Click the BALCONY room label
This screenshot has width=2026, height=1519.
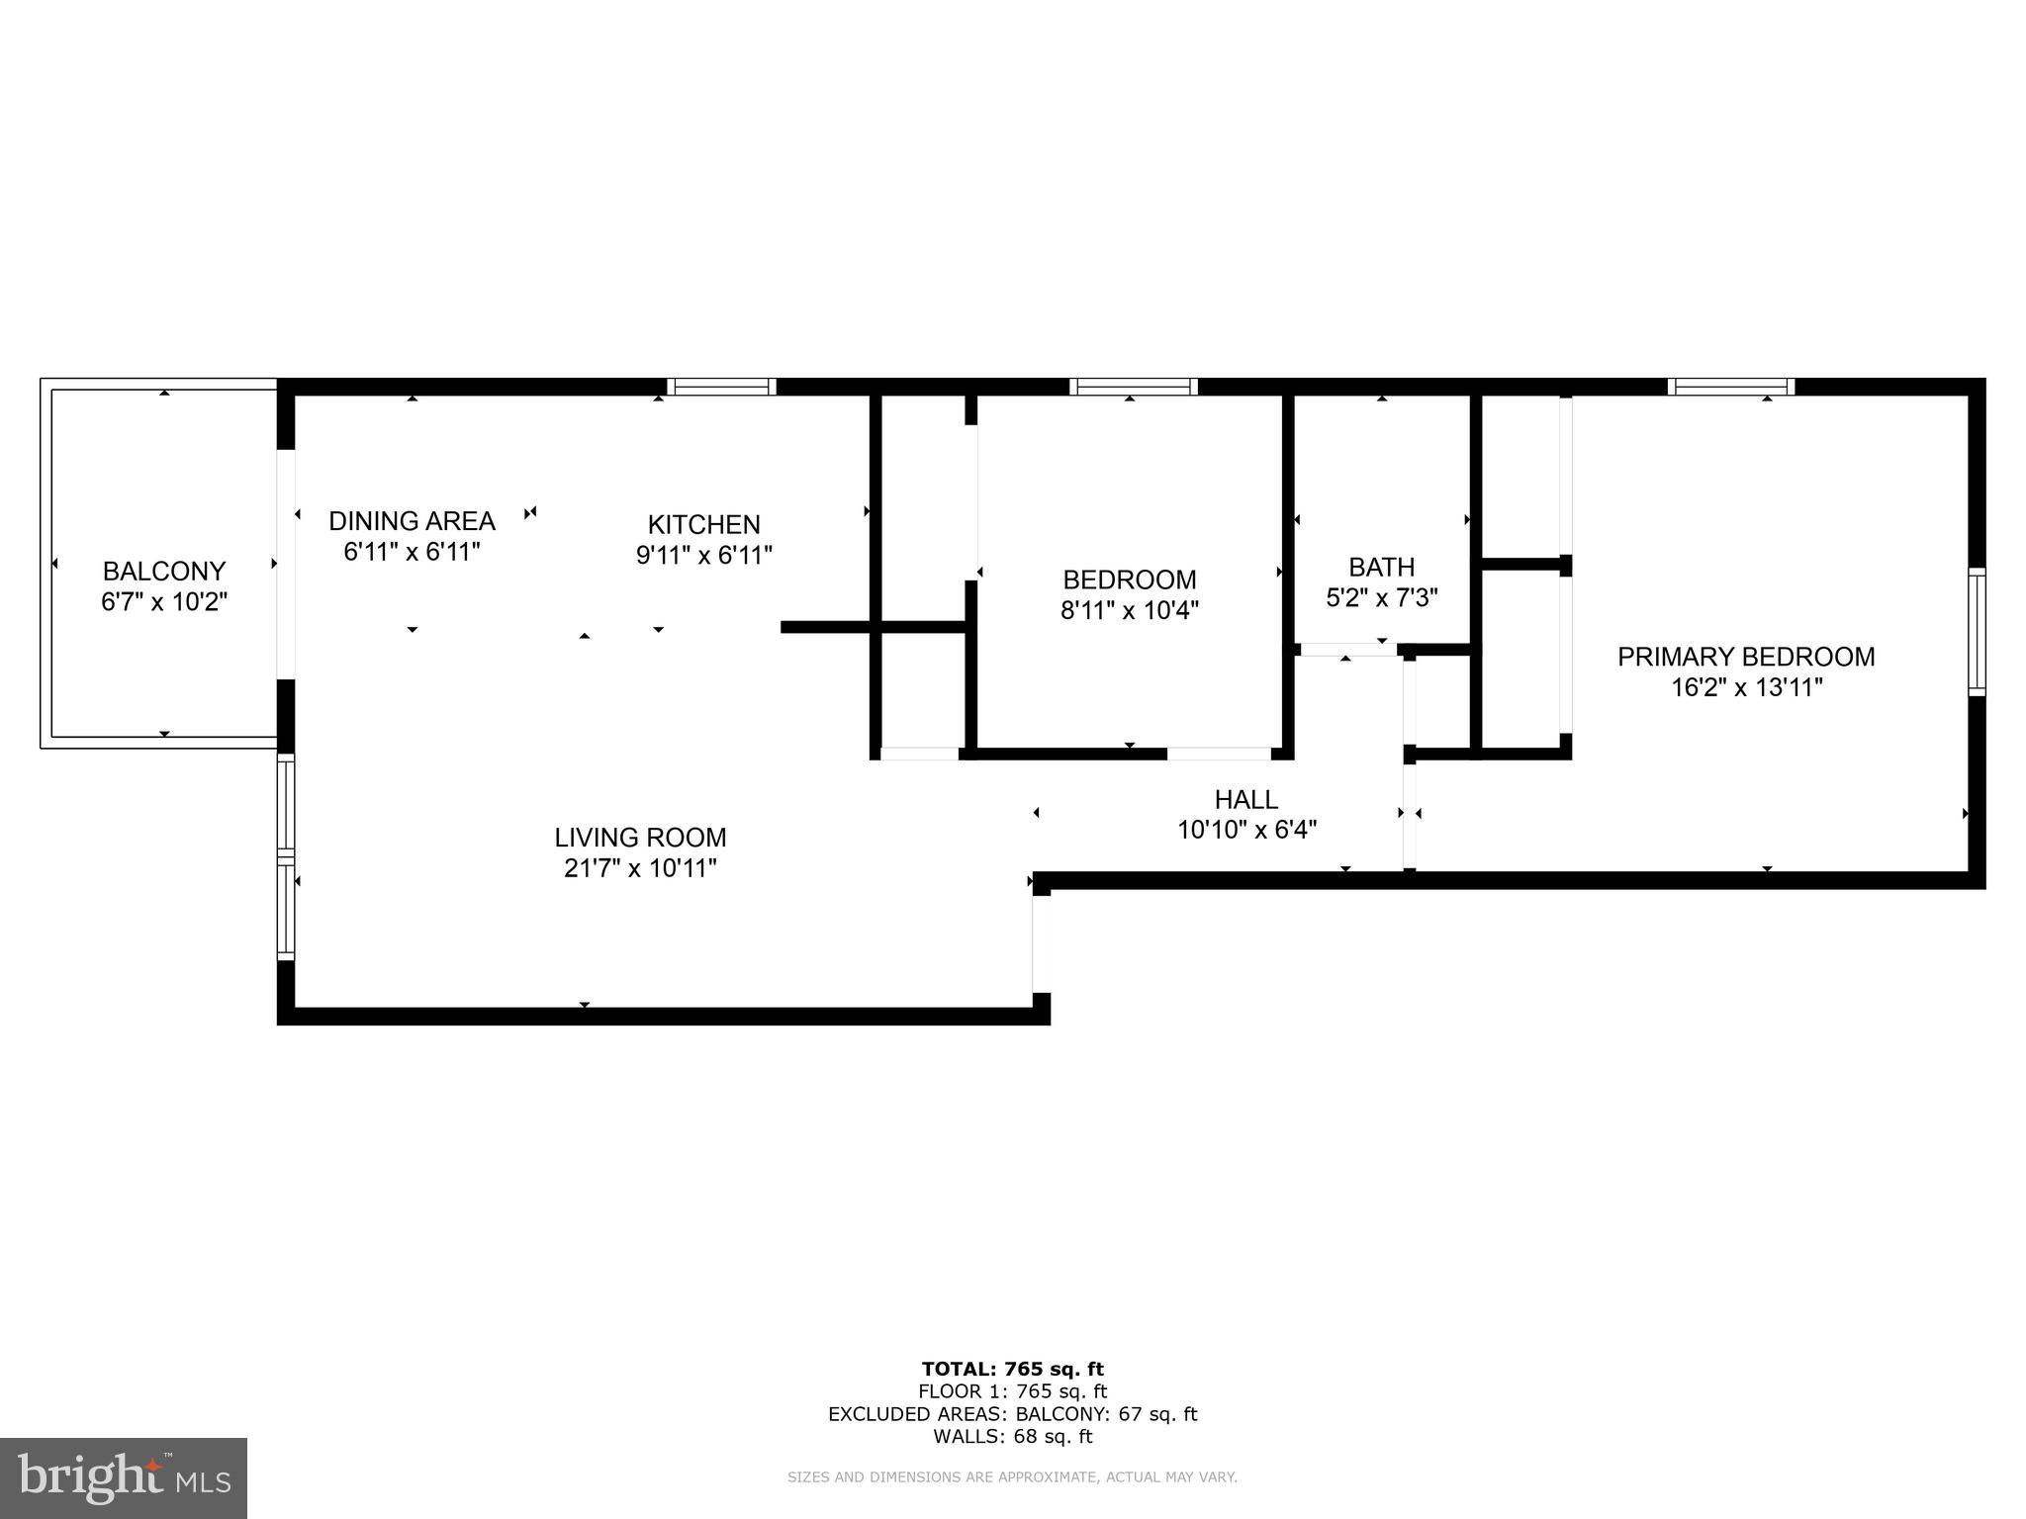point(164,571)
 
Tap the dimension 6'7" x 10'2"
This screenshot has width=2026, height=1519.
point(164,601)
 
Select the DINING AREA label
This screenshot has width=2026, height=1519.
point(412,520)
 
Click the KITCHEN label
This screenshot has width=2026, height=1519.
point(703,524)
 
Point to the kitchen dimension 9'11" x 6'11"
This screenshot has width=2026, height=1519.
point(703,555)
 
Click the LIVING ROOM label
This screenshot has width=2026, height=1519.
point(640,838)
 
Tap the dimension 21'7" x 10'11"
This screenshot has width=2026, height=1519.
point(640,868)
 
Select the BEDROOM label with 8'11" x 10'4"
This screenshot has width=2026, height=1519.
point(1129,580)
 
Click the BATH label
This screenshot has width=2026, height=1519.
point(1381,567)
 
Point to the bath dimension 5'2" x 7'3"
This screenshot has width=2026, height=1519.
point(1381,597)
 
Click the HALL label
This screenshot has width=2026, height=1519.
point(1245,799)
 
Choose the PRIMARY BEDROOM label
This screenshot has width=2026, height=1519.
point(1745,657)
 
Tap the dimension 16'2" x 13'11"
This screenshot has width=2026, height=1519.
point(1746,687)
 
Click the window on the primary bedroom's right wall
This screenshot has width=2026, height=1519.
point(1976,631)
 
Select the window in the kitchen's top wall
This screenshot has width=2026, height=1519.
point(720,387)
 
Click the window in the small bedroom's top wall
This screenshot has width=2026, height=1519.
point(1133,387)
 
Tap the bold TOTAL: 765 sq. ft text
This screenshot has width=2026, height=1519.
point(1012,1369)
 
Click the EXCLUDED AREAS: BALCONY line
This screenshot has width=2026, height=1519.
point(1012,1414)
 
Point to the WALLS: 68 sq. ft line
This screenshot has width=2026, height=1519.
point(1012,1436)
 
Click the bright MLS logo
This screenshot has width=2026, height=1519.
point(123,1477)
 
